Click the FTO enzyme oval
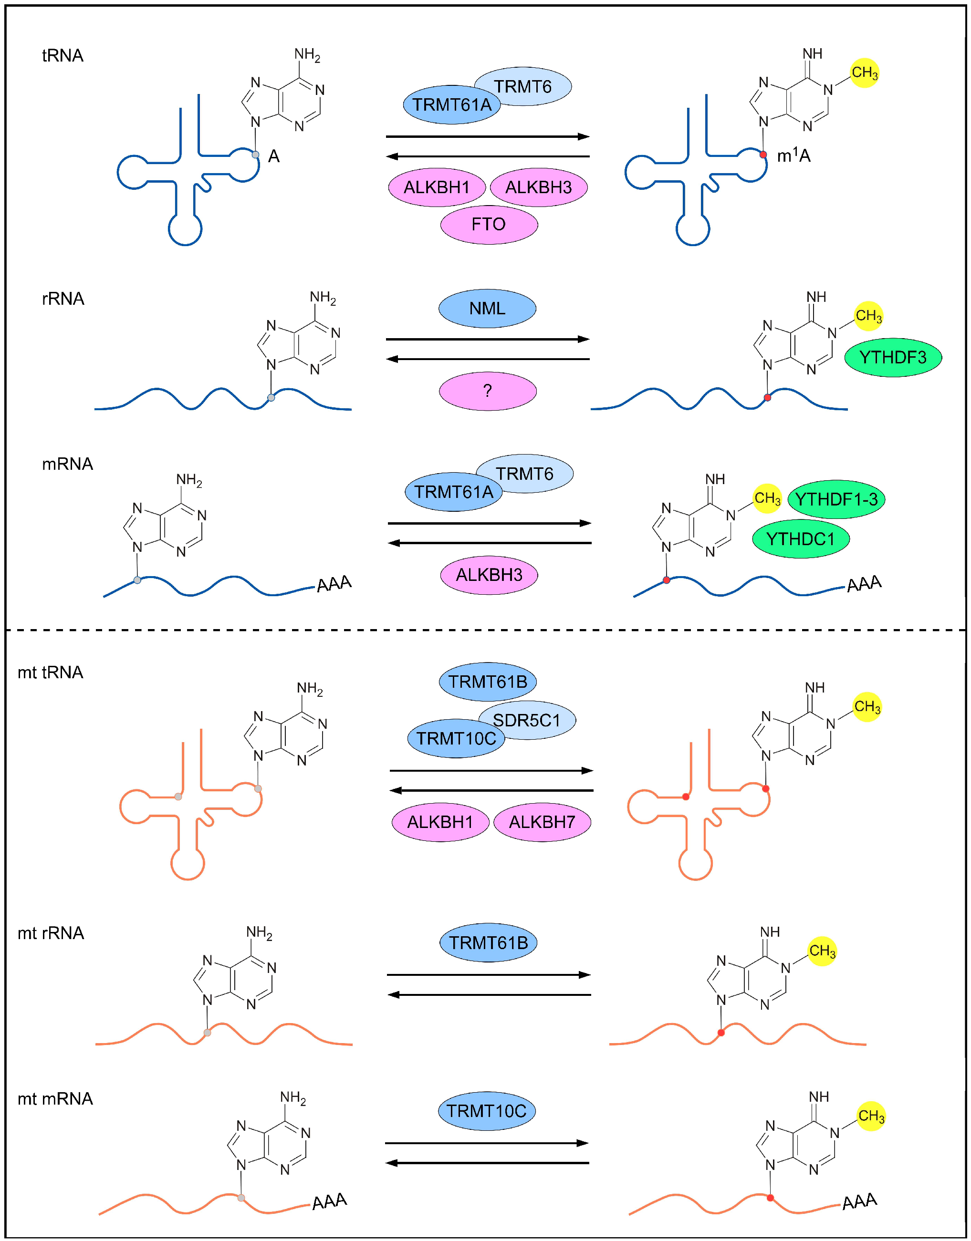pyautogui.click(x=489, y=225)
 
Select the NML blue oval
pyautogui.click(x=487, y=309)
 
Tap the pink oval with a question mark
pyautogui.click(x=487, y=391)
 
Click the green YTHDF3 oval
pyautogui.click(x=893, y=357)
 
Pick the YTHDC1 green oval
pyautogui.click(x=801, y=538)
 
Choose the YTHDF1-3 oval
pyautogui.click(x=836, y=499)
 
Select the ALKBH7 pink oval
pyautogui.click(x=542, y=822)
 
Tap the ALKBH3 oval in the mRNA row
pyautogui.click(x=489, y=575)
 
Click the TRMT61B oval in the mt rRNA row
pyautogui.click(x=488, y=943)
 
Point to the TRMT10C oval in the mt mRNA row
pyautogui.click(x=487, y=1111)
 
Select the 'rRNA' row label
pyautogui.click(x=63, y=299)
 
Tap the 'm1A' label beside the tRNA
pyautogui.click(x=793, y=155)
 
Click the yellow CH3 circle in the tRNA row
pyautogui.click(x=864, y=72)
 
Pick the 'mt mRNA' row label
pyautogui.click(x=55, y=1098)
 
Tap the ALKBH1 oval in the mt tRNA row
pyautogui.click(x=440, y=822)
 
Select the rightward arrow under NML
pyautogui.click(x=487, y=339)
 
